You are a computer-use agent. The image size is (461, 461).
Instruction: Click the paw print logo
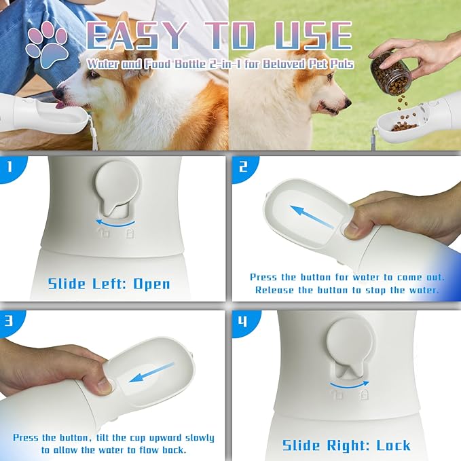47,45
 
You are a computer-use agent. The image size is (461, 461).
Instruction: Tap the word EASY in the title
136,36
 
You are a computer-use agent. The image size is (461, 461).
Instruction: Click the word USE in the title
314,36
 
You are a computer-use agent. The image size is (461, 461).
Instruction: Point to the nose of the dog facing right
348,103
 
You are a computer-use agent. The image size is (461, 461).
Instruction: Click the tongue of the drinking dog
60,105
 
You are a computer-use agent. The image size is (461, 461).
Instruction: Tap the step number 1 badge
12,168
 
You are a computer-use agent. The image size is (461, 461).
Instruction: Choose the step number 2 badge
244,168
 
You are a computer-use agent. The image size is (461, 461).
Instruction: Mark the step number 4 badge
244,322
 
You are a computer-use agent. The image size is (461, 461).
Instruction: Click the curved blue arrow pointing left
115,223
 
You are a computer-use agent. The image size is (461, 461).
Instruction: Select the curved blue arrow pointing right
349,384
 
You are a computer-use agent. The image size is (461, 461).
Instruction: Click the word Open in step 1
151,284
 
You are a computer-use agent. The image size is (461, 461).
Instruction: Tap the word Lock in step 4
393,445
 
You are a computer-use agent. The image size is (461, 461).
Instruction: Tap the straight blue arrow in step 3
151,372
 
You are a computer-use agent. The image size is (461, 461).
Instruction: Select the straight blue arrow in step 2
312,217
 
